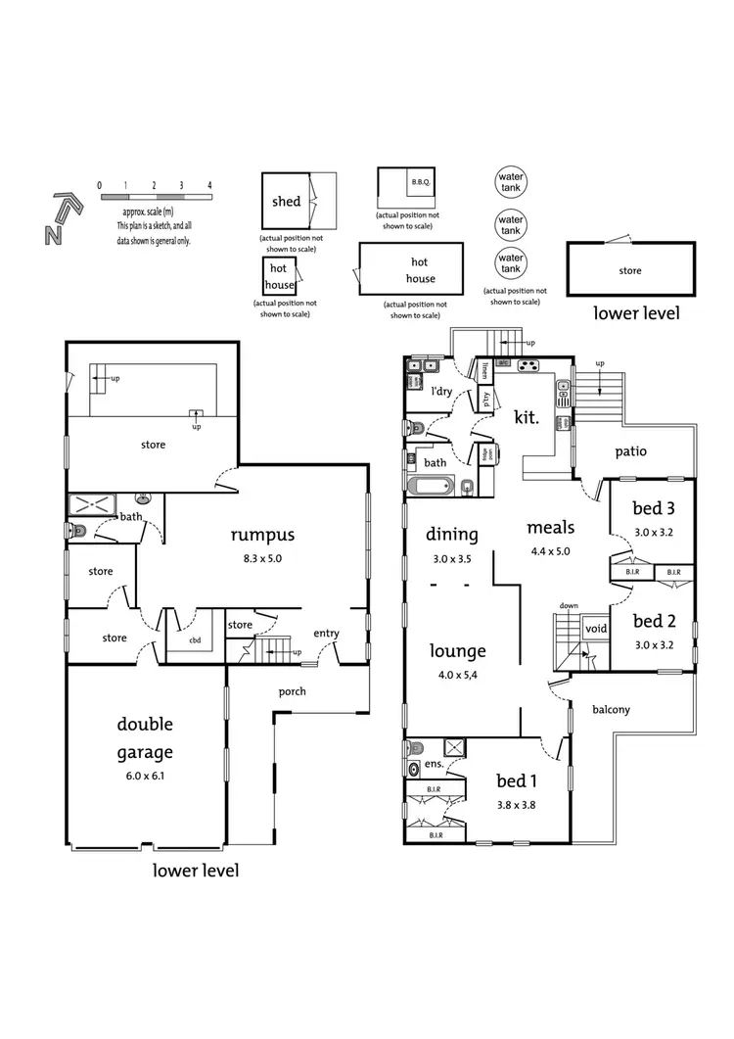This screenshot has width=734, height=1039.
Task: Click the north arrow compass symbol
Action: pos(60,217)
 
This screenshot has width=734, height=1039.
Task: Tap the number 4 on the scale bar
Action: pos(209,185)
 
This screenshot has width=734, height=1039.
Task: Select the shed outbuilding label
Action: pos(286,202)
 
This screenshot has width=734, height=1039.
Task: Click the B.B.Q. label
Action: pos(421,182)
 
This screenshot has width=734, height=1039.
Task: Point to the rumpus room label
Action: pos(262,535)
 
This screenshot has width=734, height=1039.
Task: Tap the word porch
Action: pos(292,691)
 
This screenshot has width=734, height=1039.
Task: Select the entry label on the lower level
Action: pos(326,634)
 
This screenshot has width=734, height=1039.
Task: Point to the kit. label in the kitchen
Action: pos(527,416)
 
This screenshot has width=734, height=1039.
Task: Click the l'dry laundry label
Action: pos(441,393)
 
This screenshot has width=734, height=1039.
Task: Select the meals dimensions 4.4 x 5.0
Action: pos(549,550)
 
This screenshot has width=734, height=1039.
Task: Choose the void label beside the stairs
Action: pos(595,630)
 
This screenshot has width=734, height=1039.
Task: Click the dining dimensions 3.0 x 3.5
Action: pos(452,559)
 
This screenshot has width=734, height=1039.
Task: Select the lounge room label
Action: pos(458,651)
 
